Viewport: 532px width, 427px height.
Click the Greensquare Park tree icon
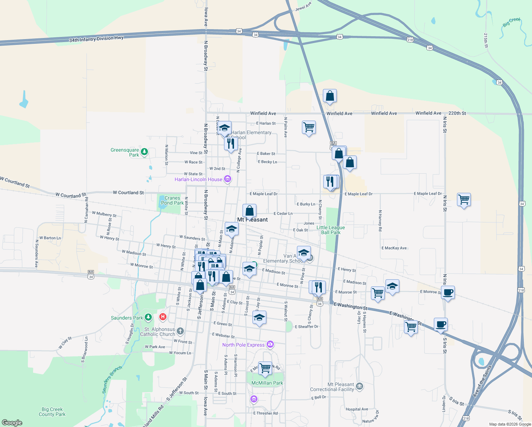tap(144, 152)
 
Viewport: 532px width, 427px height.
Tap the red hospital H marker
tap(163, 316)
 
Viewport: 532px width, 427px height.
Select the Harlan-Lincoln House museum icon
tap(228, 179)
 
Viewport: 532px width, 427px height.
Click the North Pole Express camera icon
tap(270, 344)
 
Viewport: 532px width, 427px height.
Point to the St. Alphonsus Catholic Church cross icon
tap(180, 331)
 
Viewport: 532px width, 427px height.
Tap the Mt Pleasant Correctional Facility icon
tap(360, 386)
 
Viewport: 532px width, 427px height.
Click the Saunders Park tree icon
tap(148, 317)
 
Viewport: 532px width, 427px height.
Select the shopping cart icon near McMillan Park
tap(265, 368)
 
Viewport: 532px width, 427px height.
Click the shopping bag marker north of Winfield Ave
tap(330, 96)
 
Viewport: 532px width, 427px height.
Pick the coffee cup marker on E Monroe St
tap(448, 292)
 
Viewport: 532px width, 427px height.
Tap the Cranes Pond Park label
tap(172, 200)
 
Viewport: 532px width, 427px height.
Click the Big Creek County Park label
tap(52, 412)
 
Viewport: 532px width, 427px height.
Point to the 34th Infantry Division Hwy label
tap(96, 39)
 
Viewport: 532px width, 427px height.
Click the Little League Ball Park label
tap(331, 230)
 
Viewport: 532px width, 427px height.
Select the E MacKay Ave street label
tap(394, 248)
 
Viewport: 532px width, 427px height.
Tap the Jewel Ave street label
tap(303, 6)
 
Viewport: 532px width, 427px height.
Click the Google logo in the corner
tap(12, 422)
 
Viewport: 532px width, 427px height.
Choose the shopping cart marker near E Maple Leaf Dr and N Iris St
tap(464, 200)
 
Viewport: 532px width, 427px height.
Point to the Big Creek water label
tap(511, 22)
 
